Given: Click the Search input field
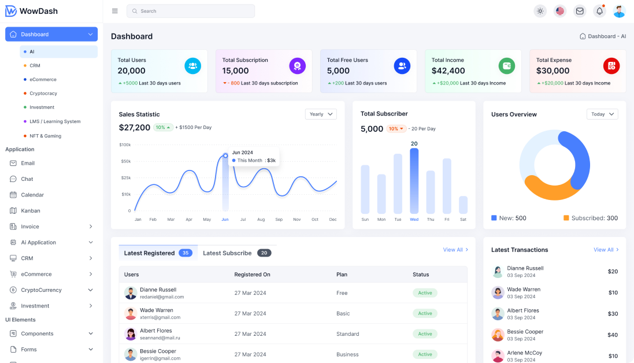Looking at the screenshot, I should [191, 11].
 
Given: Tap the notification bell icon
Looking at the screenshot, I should [599, 11].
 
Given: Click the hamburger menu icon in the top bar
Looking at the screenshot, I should [114, 11].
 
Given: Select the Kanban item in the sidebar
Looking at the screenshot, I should [31, 211].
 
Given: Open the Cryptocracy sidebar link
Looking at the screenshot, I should [43, 93].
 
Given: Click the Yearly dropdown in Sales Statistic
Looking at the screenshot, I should [321, 114].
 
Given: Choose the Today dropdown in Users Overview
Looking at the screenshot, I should [602, 114].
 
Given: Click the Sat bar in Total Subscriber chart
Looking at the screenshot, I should [463, 205].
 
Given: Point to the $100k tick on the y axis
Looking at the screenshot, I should [125, 145].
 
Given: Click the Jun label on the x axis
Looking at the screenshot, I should [225, 220].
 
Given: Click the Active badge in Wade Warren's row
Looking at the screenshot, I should [425, 313].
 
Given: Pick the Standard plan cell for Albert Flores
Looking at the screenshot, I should [347, 334].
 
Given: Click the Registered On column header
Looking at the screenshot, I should [252, 275].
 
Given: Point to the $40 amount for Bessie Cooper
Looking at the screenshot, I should [612, 335].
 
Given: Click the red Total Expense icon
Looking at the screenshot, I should [611, 66].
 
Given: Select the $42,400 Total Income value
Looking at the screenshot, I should [448, 71].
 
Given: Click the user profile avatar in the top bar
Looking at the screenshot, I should [619, 11].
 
